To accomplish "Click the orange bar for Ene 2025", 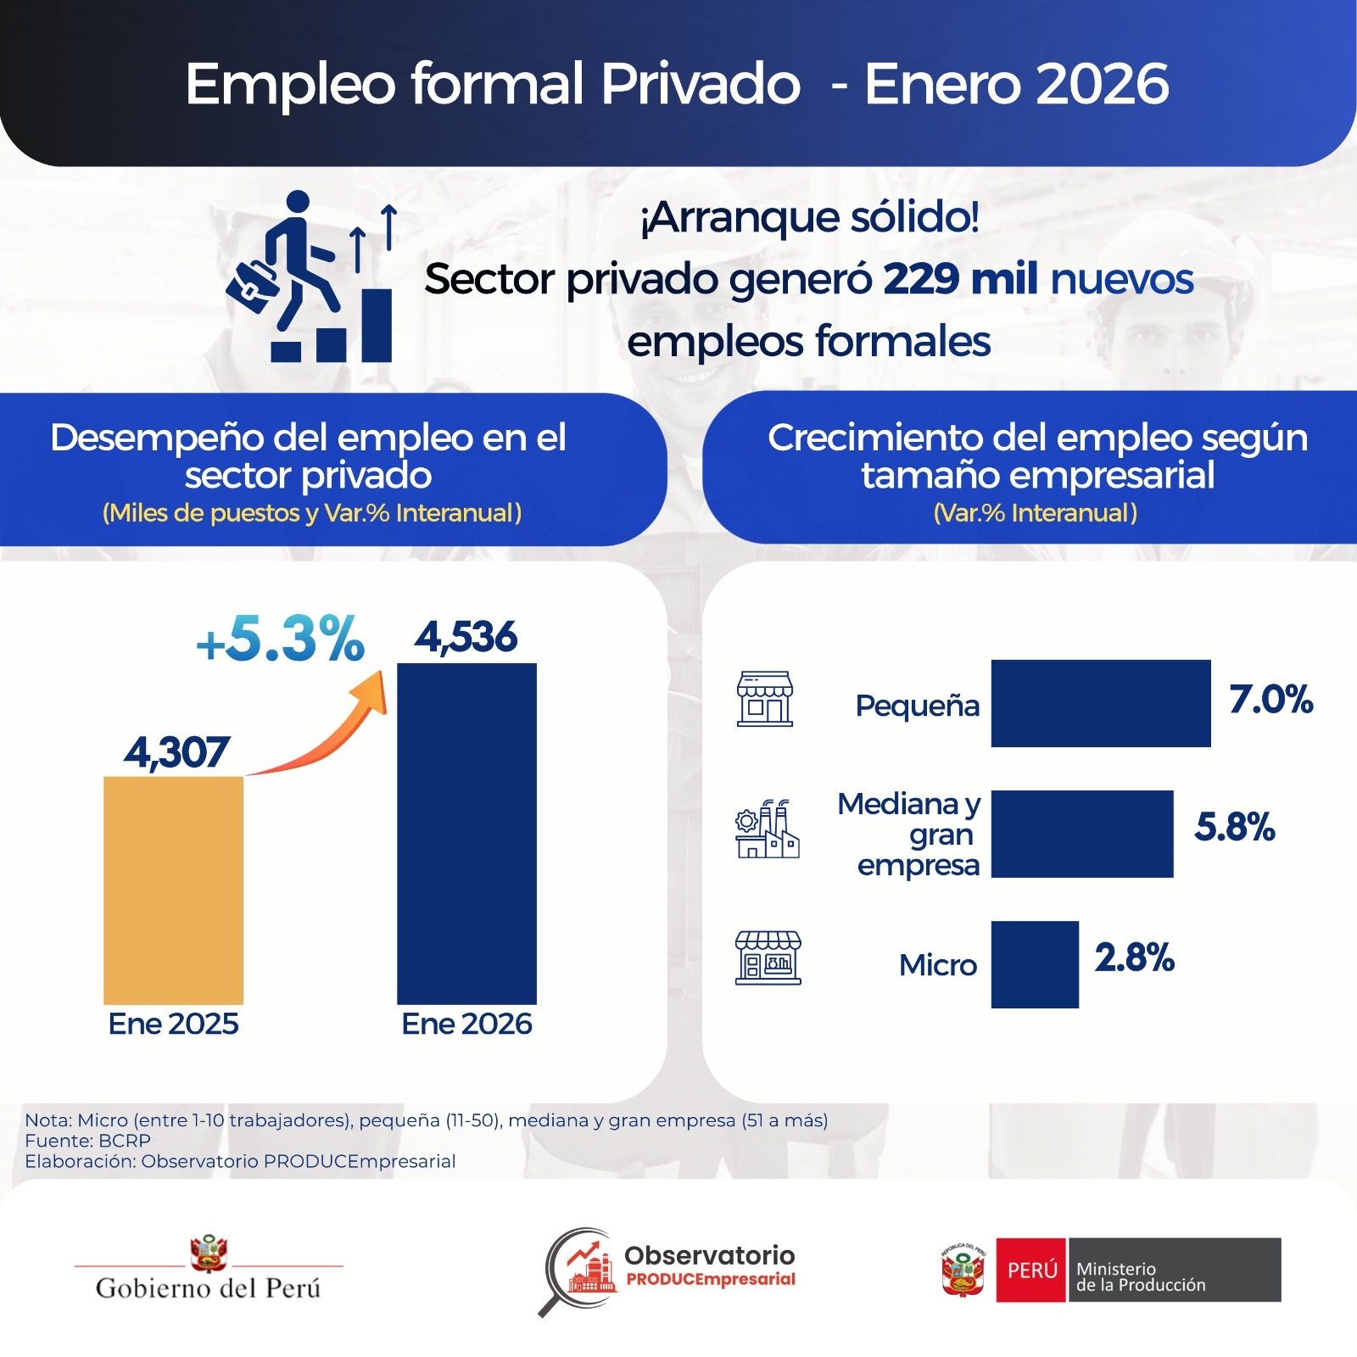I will click(x=173, y=890).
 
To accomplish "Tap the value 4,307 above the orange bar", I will click(x=176, y=752).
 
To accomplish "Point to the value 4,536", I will click(x=466, y=637).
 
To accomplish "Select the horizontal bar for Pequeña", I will click(x=1100, y=703).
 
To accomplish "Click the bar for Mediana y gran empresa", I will click(x=1081, y=834).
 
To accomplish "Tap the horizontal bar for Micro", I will click(x=1034, y=964).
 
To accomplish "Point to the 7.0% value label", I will click(x=1270, y=700).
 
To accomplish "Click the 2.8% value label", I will click(x=1134, y=958).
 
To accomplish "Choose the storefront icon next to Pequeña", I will click(x=764, y=699).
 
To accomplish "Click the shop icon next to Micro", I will click(x=768, y=958).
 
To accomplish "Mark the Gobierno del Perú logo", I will click(x=209, y=1268).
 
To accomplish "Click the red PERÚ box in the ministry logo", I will click(x=1030, y=1270).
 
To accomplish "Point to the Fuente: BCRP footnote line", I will click(x=88, y=1141).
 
